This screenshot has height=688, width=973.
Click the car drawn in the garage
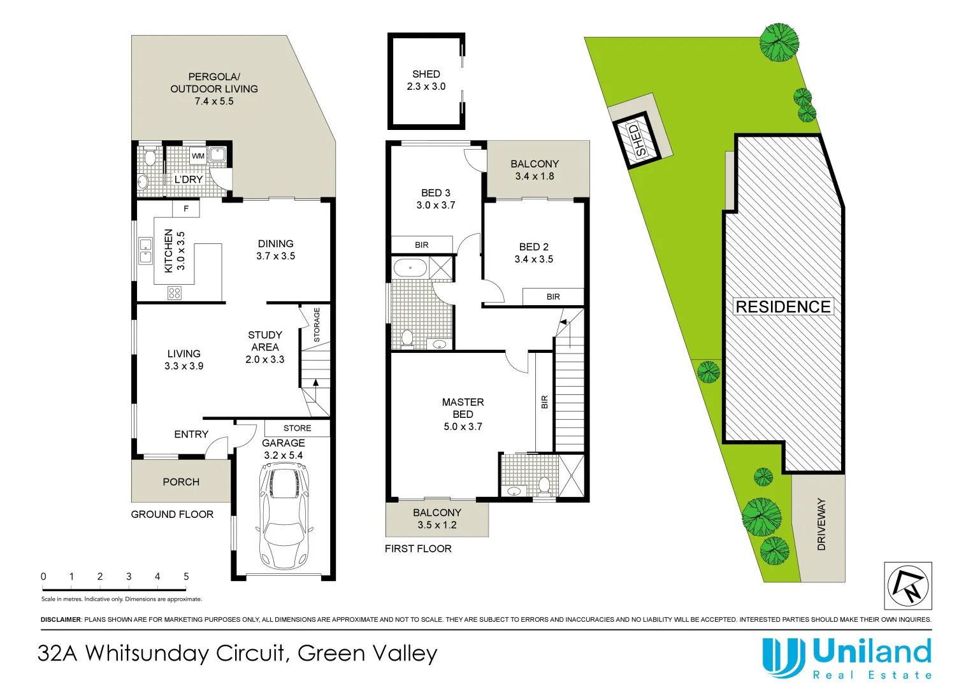[x=284, y=517]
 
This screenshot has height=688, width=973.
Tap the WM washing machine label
[x=198, y=156]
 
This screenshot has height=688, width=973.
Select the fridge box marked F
[x=186, y=208]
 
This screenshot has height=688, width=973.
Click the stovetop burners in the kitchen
[x=175, y=293]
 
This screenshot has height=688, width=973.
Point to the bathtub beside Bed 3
[x=410, y=268]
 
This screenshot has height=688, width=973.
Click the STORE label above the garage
[x=298, y=428]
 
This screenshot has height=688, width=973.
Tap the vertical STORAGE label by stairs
[x=317, y=325]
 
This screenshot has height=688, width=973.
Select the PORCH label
[x=181, y=482]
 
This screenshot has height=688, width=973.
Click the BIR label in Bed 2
[x=553, y=297]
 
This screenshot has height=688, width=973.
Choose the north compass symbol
[x=907, y=585]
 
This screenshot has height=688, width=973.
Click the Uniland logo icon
[x=783, y=657]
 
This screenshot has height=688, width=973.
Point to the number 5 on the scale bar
[x=186, y=577]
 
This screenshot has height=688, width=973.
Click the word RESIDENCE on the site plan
[x=783, y=307]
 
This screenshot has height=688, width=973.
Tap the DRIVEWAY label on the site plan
[x=821, y=524]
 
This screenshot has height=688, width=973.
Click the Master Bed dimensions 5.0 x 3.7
[x=463, y=427]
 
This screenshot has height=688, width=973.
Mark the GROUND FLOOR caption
[x=172, y=515]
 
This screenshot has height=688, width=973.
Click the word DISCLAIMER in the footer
[x=61, y=619]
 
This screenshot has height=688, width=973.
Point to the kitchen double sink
[x=146, y=250]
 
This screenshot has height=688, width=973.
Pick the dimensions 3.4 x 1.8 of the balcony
[x=535, y=176]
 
